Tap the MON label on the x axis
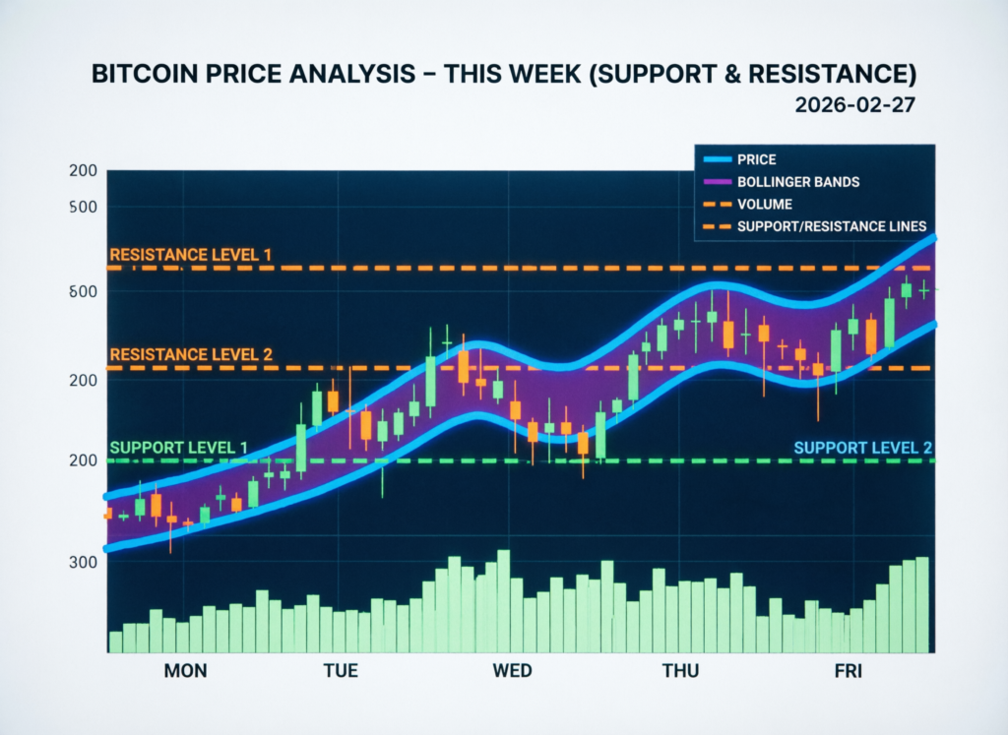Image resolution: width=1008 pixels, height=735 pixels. coord(185,671)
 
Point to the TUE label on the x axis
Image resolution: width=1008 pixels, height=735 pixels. coord(341,671)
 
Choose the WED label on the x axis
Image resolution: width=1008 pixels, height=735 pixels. coord(512,671)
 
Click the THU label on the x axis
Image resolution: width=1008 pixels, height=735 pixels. coord(680,671)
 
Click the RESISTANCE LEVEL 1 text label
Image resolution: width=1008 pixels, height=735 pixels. coord(190,255)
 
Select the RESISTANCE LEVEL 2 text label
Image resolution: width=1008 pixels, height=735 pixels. coord(190,354)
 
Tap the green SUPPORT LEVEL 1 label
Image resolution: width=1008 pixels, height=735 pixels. coord(178,448)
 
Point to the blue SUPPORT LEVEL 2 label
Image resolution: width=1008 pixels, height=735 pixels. coord(862,448)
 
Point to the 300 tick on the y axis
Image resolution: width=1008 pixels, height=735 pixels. coord(84,562)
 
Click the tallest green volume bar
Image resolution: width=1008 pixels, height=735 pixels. coord(504,601)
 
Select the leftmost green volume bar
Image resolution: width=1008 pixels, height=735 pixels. coord(115,642)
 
